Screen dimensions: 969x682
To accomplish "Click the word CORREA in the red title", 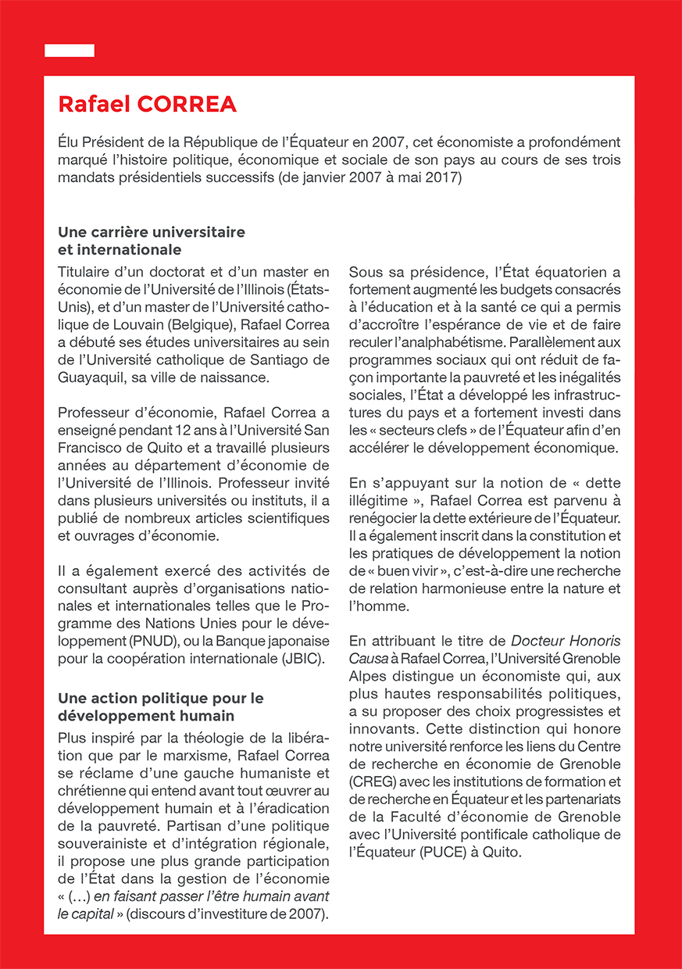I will tap(187, 104).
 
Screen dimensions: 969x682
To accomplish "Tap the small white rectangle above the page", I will tap(70, 51).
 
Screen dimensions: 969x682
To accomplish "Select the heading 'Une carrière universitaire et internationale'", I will tap(152, 241).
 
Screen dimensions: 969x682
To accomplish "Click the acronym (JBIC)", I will tap(302, 660).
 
